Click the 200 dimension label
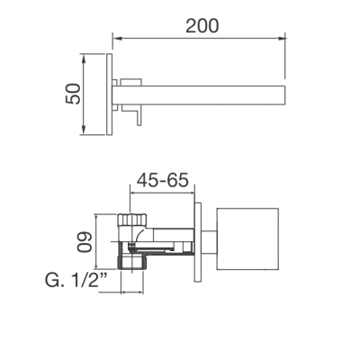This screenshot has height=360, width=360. (x=202, y=26)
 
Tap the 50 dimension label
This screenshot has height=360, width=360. (x=73, y=94)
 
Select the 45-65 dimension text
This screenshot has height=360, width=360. (x=163, y=180)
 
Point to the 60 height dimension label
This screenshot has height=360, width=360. (x=84, y=242)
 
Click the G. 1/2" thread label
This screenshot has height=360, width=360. (x=76, y=280)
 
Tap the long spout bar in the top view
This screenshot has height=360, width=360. (x=198, y=95)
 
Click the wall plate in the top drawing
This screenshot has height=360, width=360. (x=110, y=94)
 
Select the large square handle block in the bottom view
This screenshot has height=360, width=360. (x=247, y=238)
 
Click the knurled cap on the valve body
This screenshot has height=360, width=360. (x=132, y=220)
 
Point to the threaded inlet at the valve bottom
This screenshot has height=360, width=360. (x=132, y=262)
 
